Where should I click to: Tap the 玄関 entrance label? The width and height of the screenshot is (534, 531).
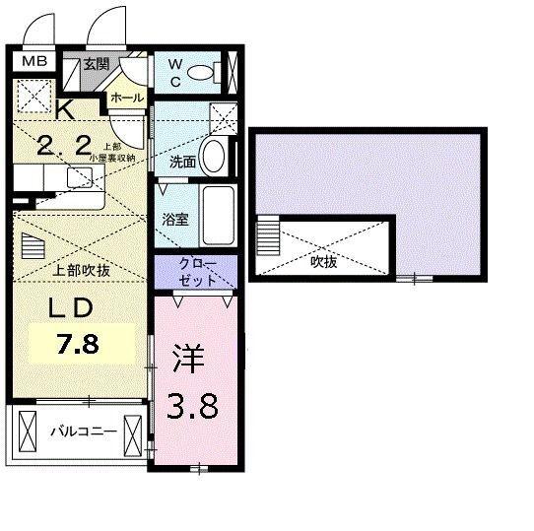pos(95,65)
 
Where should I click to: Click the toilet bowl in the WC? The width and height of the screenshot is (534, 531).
pos(203,71)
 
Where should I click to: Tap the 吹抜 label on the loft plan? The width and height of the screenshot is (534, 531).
pos(325,263)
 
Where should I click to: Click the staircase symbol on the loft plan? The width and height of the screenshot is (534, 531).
pos(267,237)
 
